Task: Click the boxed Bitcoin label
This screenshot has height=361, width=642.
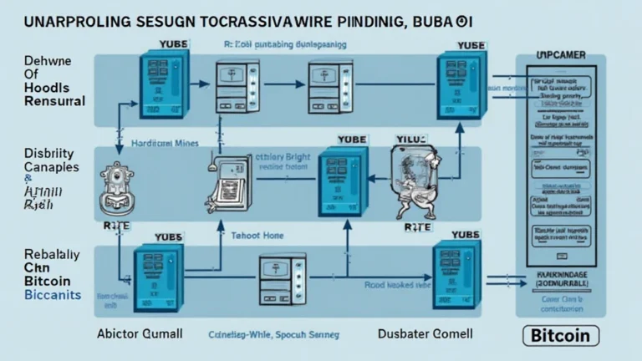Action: [x=561, y=337]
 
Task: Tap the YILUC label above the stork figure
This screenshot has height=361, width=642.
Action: [x=410, y=139]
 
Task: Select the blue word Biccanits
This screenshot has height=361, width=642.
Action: [x=52, y=297]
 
